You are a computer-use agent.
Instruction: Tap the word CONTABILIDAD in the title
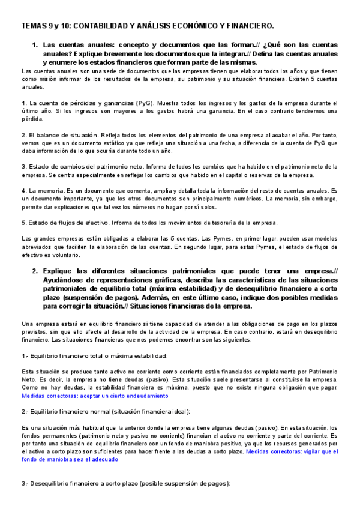tap(105, 26)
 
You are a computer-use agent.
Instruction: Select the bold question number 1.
tap(35, 46)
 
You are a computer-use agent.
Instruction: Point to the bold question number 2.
tap(35, 271)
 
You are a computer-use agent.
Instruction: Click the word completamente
tap(224, 372)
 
